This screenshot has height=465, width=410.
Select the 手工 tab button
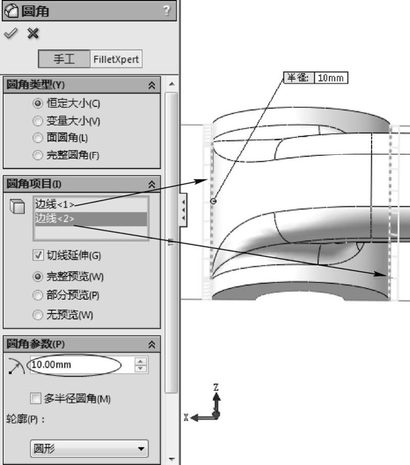(64, 60)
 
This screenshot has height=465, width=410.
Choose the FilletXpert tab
(114, 60)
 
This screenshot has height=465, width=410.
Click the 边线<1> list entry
(54, 204)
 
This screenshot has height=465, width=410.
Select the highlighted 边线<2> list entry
(54, 219)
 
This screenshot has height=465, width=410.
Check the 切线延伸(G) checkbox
(36, 255)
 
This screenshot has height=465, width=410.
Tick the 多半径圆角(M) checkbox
(35, 398)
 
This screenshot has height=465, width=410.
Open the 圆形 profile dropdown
(89, 447)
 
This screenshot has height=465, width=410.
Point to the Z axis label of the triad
(216, 387)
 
